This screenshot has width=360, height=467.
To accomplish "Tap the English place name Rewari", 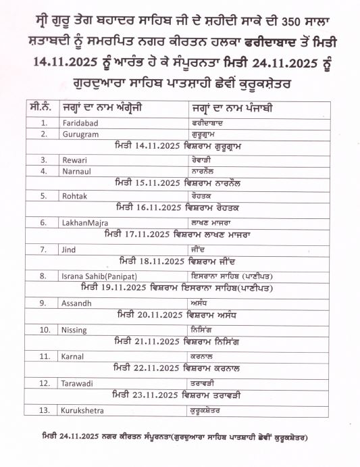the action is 72,160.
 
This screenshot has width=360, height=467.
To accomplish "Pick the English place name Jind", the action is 67,249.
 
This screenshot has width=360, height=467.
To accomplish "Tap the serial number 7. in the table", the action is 43,249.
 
